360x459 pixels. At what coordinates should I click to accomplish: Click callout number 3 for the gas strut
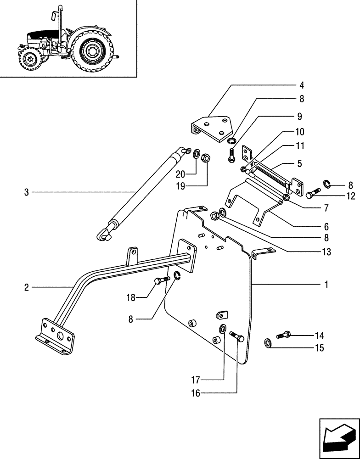click(26, 192)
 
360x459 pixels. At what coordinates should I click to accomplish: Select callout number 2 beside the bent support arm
click(26, 288)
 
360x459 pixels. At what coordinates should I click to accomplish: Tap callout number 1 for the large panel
click(326, 285)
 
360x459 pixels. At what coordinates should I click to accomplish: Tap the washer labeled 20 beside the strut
click(197, 153)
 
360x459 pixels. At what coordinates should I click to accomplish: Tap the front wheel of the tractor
click(30, 59)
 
